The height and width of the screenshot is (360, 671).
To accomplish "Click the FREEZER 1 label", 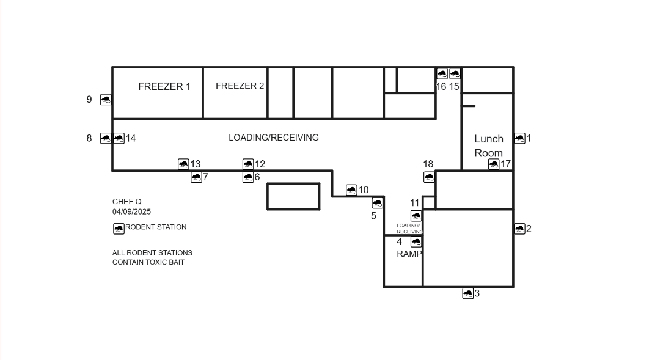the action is (164, 86).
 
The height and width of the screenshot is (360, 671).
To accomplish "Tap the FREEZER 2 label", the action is (240, 86).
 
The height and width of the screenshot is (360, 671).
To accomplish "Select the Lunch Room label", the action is (489, 146).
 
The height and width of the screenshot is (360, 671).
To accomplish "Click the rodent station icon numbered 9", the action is (106, 99).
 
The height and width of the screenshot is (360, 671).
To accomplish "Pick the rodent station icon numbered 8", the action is (106, 138).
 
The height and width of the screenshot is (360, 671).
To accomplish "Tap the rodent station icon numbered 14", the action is (119, 138).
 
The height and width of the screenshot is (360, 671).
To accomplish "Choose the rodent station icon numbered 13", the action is (183, 164).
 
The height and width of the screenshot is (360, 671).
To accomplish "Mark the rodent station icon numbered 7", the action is (196, 177).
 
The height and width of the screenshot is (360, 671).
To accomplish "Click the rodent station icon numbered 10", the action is (351, 189).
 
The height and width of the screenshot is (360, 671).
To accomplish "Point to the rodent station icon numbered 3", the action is (468, 293).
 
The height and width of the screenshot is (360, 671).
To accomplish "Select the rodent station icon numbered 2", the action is (519, 229).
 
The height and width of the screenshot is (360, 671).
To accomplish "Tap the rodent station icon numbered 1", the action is (519, 138).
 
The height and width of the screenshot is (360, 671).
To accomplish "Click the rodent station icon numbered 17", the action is (493, 164).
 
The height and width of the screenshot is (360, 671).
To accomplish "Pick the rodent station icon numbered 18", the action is (429, 177).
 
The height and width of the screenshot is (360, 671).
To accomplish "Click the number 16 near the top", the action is (441, 86).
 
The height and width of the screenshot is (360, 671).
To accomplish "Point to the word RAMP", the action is (409, 254).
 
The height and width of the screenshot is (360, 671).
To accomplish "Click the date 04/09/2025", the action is (132, 211).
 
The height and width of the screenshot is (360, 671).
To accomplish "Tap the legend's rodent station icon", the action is (119, 229).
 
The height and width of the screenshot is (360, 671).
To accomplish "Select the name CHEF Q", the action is (127, 201).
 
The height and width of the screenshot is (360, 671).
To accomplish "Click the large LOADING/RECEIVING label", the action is (273, 138).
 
